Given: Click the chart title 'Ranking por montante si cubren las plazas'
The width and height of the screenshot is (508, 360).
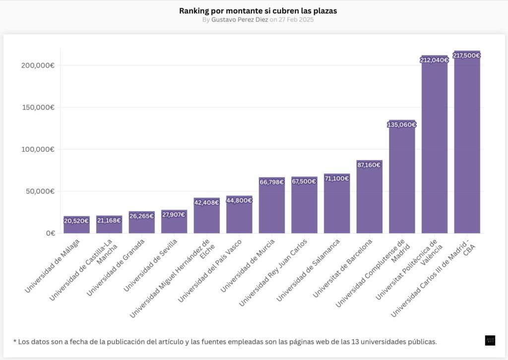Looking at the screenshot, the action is point(258,11).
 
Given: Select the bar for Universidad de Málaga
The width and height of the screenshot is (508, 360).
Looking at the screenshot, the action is point(76,224).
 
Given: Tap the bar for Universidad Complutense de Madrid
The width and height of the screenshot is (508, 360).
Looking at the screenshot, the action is point(402,177).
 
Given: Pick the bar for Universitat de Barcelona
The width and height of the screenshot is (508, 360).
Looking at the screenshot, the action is point(369,196).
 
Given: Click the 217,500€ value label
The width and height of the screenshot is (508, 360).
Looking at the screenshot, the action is point(466,56).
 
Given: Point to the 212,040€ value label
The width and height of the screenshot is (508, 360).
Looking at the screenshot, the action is point(434,60).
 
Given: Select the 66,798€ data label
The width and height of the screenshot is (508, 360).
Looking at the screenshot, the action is point(271,182).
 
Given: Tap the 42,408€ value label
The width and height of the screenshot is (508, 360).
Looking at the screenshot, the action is point(207,203).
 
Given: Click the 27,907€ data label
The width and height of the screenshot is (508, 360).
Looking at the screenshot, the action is point(174,215).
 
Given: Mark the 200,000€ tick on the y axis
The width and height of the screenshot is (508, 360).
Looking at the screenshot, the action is point(38,65).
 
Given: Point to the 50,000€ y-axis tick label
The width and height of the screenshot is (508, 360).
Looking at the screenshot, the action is point(40,191).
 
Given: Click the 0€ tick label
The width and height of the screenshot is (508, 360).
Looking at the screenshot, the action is point(51,233).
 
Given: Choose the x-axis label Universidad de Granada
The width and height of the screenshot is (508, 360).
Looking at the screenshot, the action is point(116,268).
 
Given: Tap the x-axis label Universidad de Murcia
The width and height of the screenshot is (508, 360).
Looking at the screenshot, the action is point(248,265).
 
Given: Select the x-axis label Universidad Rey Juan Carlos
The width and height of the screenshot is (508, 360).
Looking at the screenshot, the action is point(273,273).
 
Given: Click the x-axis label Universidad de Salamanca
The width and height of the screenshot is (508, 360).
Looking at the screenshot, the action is point(308,270).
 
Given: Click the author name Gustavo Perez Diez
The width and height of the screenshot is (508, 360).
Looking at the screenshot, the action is point(240,20).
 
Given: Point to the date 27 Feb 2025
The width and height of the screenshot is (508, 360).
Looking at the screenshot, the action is point(296,20).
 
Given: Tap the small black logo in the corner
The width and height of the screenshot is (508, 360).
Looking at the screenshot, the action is point(490,341).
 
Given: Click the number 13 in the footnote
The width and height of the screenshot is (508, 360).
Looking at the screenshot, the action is point(355,342).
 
